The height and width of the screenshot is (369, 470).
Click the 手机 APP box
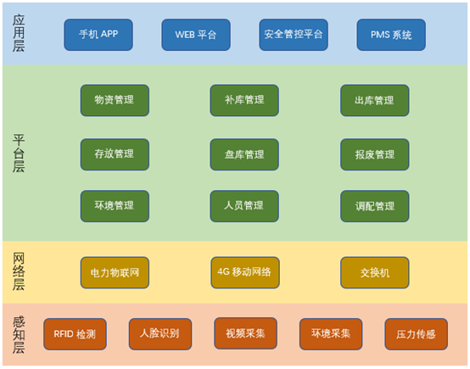[x=98, y=35]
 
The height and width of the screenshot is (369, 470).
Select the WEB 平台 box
[x=196, y=35]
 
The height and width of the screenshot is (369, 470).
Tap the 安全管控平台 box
[x=294, y=35]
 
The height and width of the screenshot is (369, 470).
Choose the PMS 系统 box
[x=391, y=35]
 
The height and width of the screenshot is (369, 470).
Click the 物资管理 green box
[x=115, y=100]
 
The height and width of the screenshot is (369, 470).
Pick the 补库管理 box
[x=244, y=100]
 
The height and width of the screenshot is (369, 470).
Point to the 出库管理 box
[x=375, y=100]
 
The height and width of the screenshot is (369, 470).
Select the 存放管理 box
[x=115, y=154]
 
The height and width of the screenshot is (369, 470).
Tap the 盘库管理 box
[x=244, y=154]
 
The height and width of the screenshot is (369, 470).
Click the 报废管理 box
[x=375, y=154]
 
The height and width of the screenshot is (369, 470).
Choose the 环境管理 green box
[x=115, y=206]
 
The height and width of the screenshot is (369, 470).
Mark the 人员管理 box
[x=244, y=206]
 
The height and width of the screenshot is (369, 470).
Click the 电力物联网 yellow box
[x=115, y=272]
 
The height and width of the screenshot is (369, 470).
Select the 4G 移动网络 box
[x=245, y=272]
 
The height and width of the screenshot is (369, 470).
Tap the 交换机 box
[x=375, y=272]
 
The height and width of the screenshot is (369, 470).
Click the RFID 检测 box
[x=75, y=334]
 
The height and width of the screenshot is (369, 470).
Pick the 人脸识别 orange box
[x=160, y=334]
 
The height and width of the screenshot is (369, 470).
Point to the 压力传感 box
[x=417, y=334]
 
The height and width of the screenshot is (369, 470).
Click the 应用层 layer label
[x=19, y=33]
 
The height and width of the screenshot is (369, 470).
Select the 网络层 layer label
[x=19, y=271]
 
